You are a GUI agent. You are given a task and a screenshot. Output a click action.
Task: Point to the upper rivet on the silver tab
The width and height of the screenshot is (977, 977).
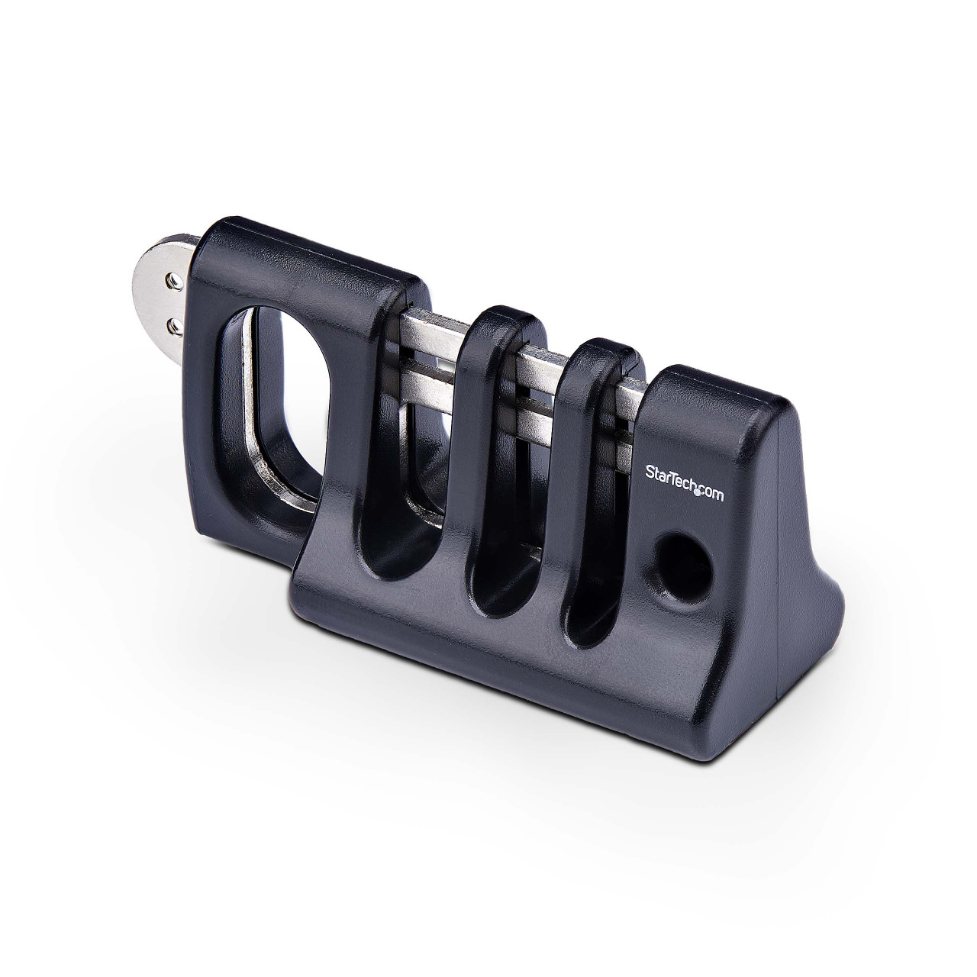174,282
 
